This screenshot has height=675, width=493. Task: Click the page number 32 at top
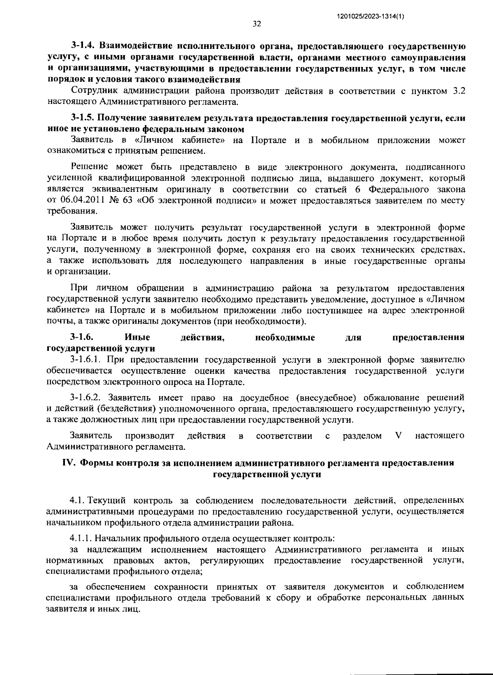click(257, 24)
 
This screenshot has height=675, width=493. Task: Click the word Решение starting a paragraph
click(89, 167)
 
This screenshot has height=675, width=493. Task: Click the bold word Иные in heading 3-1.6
click(137, 337)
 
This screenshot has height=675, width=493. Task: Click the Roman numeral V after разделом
click(397, 435)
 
